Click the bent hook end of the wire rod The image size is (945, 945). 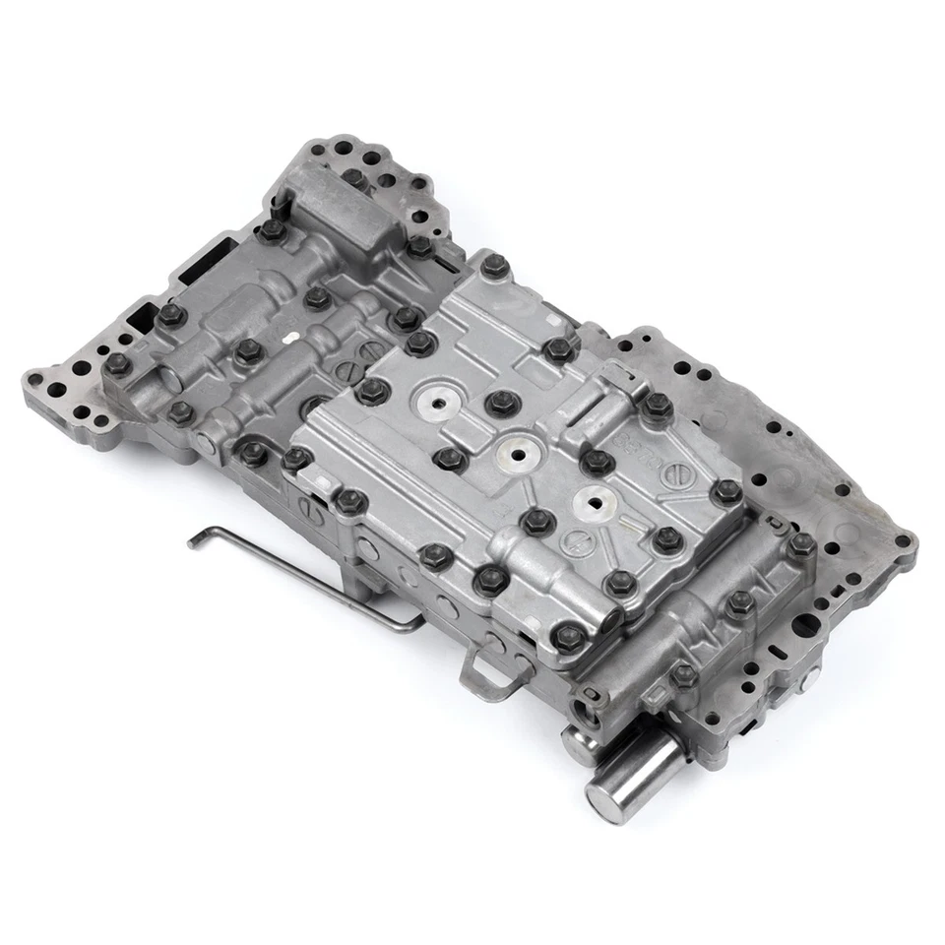194,538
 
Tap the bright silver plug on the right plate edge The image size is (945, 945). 808,679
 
